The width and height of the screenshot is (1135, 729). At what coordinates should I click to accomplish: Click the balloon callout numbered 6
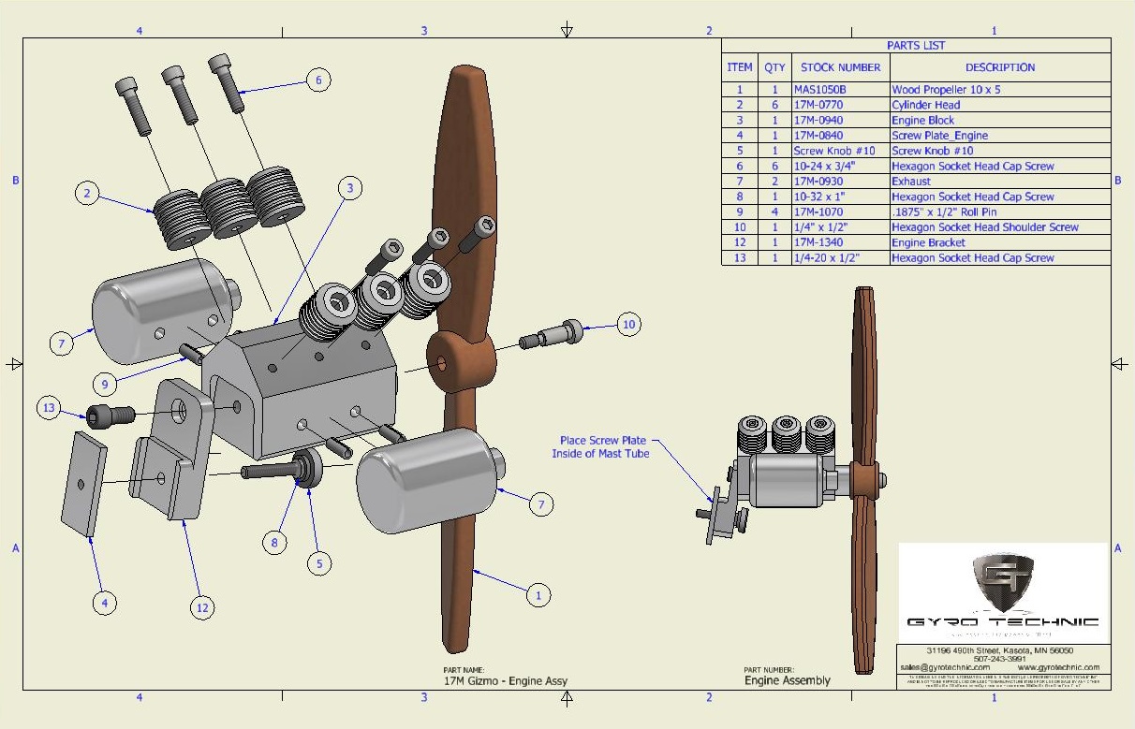coord(317,80)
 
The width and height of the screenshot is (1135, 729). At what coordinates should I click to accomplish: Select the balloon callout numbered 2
coord(87,194)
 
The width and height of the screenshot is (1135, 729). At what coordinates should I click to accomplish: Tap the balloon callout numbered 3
coord(349,188)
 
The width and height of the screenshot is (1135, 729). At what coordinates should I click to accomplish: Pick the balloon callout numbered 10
coord(628,325)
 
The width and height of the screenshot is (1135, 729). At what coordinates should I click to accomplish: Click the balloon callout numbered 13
coord(50,408)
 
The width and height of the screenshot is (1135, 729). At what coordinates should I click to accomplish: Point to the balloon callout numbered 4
coord(105,604)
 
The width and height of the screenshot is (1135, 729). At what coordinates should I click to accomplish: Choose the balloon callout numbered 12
coord(201,607)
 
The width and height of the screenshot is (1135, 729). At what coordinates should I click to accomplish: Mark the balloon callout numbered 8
coord(274,542)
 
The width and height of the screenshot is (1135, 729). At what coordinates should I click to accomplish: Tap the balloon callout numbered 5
coord(318,563)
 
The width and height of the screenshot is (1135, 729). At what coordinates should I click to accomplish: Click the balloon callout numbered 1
coord(538,594)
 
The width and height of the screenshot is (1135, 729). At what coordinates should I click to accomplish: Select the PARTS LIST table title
coord(915,45)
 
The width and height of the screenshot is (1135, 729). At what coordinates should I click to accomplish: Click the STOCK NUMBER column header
coord(840,67)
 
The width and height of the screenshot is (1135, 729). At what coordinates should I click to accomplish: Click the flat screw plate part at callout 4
coord(84,483)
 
